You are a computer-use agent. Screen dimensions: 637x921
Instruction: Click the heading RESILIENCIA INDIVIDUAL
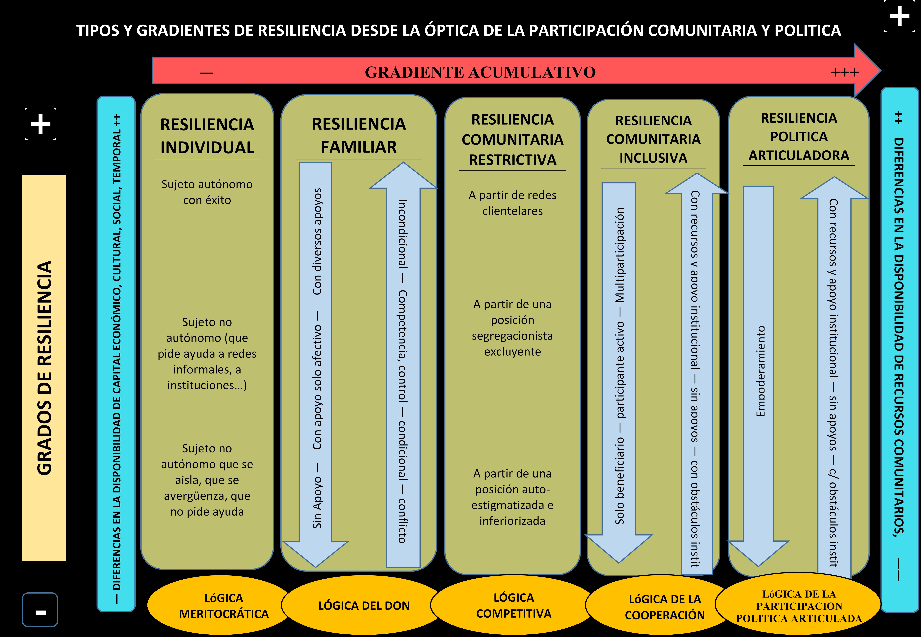coord(207,136)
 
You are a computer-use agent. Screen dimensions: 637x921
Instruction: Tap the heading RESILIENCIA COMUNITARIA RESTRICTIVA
coord(512,140)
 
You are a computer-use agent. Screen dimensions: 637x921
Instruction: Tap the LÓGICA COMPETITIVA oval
coord(514,606)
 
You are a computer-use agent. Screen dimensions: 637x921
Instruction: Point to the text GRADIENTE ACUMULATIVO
coord(480,72)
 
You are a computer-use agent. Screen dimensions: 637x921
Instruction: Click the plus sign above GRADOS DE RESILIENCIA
coord(40,124)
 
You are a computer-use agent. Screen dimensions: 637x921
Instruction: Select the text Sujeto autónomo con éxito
coord(207,192)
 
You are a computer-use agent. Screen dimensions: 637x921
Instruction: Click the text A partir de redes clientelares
coord(512,203)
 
